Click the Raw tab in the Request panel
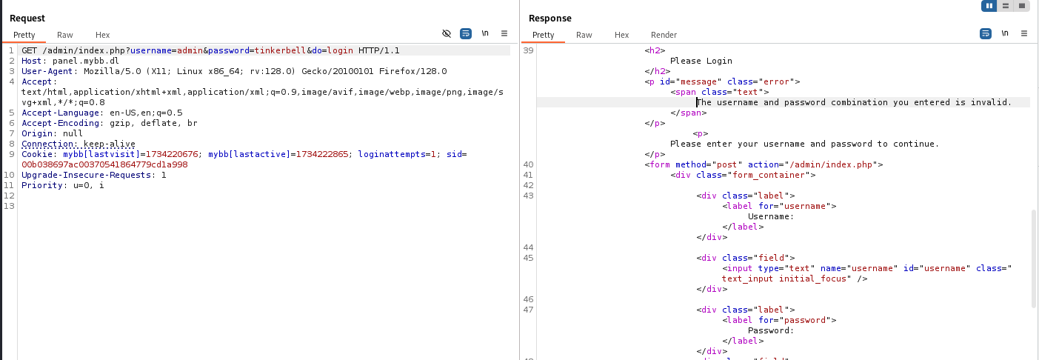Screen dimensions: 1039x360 pyautogui.click(x=65, y=35)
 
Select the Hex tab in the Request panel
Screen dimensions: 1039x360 pyautogui.click(x=102, y=35)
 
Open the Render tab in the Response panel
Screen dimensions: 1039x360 pyautogui.click(x=664, y=35)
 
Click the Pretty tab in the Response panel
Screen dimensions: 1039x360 pyautogui.click(x=543, y=35)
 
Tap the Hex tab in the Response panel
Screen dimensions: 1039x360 pyautogui.click(x=621, y=35)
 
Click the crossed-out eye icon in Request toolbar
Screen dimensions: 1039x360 pyautogui.click(x=447, y=33)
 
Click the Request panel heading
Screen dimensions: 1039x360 pyautogui.click(x=27, y=18)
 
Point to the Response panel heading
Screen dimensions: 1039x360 pyautogui.click(x=550, y=18)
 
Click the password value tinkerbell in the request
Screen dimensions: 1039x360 pyautogui.click(x=280, y=50)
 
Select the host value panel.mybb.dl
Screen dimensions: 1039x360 pyautogui.click(x=86, y=61)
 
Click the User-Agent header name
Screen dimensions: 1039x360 pyautogui.click(x=47, y=71)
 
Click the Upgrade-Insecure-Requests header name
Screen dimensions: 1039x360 pyautogui.click(x=86, y=175)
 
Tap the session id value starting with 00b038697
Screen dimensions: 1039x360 pyautogui.click(x=104, y=164)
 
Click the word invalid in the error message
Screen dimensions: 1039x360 pyautogui.click(x=991, y=102)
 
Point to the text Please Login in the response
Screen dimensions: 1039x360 pyautogui.click(x=701, y=61)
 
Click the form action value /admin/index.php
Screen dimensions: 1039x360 pyautogui.click(x=831, y=164)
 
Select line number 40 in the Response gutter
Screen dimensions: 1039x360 pyautogui.click(x=528, y=164)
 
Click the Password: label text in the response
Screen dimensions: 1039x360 pyautogui.click(x=771, y=331)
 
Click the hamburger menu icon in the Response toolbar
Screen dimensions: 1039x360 pyautogui.click(x=1024, y=33)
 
